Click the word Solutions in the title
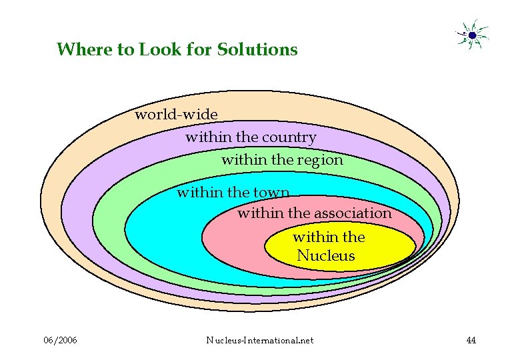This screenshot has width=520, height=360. [257, 49]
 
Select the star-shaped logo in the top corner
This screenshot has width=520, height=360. [472, 35]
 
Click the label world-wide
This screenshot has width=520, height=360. [176, 115]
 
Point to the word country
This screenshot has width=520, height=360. [289, 137]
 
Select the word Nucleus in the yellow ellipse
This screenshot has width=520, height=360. [326, 256]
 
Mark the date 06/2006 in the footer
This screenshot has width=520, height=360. [60, 341]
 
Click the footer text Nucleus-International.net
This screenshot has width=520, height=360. [260, 341]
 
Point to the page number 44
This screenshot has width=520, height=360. [471, 341]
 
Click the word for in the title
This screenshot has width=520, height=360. [198, 49]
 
